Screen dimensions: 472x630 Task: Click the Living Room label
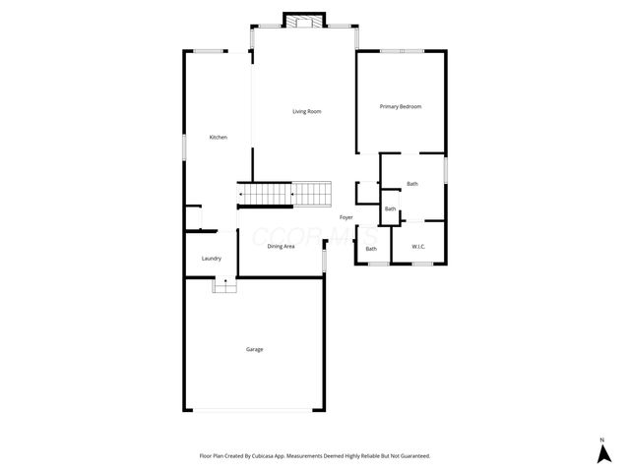(307, 111)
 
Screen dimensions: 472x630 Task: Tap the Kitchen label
(219, 137)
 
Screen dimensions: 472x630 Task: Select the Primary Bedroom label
(402, 106)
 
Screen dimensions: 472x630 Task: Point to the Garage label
(255, 349)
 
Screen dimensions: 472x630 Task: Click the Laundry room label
(212, 259)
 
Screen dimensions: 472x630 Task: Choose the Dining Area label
(282, 246)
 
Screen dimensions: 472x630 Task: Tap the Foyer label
(346, 216)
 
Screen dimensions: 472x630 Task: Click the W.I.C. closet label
(418, 248)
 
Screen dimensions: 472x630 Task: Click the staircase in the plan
(286, 195)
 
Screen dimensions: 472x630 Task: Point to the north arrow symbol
(602, 454)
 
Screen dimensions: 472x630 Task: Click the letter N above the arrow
(602, 439)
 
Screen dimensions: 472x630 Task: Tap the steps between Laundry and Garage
(225, 285)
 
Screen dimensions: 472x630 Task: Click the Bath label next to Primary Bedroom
(412, 184)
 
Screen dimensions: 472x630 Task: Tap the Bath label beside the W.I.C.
(371, 249)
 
